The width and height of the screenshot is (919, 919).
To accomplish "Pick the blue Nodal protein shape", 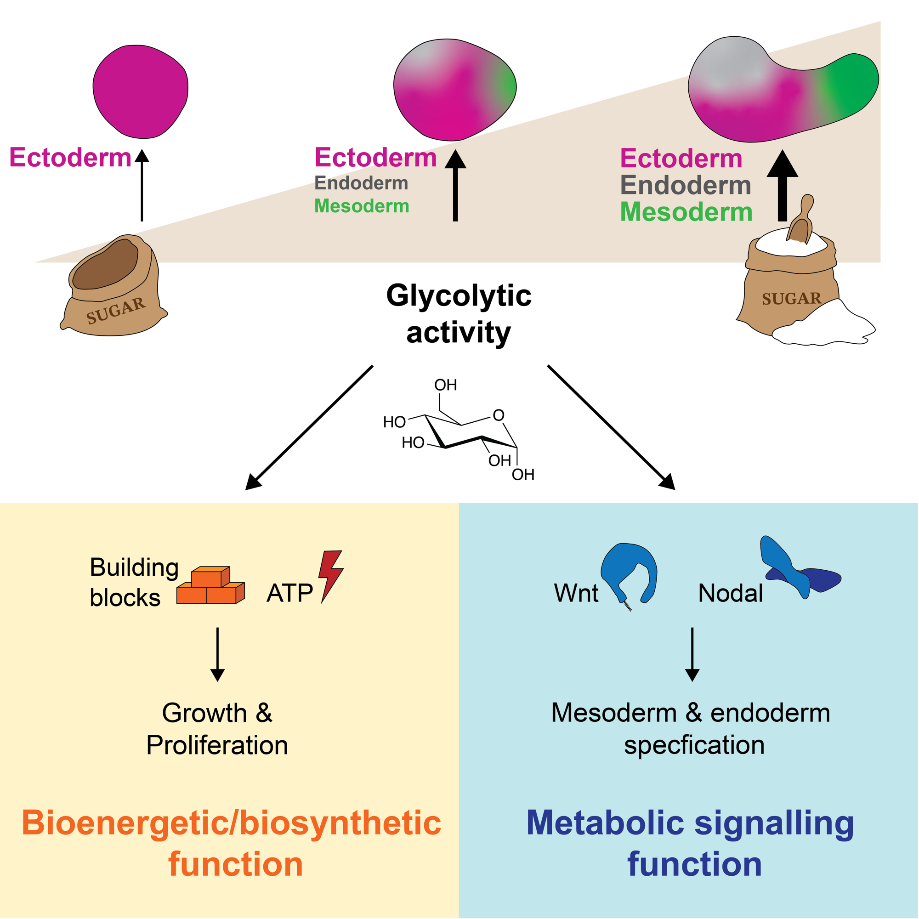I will click(799, 571).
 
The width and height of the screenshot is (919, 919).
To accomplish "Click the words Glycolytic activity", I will click(459, 314).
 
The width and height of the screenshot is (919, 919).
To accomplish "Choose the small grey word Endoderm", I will click(362, 183).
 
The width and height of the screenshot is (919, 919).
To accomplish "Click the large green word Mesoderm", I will click(686, 212).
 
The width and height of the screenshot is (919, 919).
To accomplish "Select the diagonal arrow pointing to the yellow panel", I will click(309, 427).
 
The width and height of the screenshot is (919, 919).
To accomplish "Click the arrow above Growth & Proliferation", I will click(217, 654).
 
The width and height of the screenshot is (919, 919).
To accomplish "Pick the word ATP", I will click(289, 593).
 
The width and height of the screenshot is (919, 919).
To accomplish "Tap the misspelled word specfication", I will click(694, 745).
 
